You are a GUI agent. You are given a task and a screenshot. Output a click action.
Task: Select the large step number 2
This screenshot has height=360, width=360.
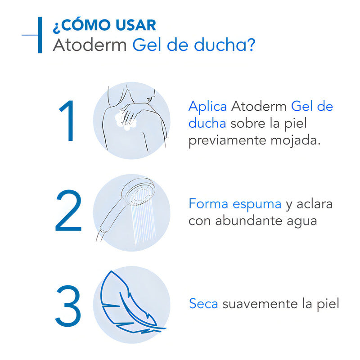(68, 211)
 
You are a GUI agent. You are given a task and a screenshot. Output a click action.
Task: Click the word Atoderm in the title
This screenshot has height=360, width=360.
(90, 45)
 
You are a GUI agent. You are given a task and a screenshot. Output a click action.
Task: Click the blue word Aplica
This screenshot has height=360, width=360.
(207, 107)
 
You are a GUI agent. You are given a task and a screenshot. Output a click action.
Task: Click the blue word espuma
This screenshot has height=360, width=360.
(257, 203)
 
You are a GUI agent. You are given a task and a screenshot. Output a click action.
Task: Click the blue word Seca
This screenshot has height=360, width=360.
(203, 303)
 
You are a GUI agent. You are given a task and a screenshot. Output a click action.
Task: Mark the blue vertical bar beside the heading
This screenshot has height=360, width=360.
(40, 35)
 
